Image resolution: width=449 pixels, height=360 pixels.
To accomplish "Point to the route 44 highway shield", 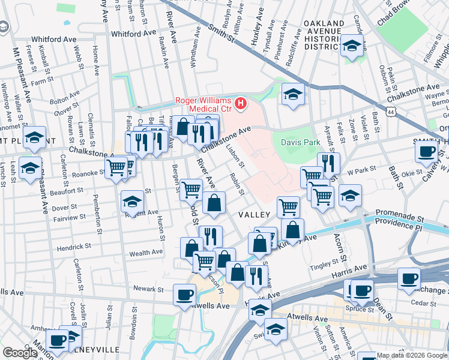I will click(x=391, y=112).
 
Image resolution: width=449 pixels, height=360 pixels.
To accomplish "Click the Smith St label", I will click(x=221, y=32).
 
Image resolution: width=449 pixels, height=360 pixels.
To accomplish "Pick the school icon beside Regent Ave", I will click(x=132, y=202).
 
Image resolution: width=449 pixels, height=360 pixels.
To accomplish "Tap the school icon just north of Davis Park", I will click(x=292, y=94).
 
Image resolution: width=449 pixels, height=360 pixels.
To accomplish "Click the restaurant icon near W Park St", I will click(x=328, y=163).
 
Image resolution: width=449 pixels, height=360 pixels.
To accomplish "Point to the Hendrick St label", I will click(x=74, y=247).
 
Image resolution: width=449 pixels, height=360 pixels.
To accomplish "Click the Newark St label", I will click(x=148, y=289).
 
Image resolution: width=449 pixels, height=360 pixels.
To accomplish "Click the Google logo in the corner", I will click(x=19, y=353).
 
